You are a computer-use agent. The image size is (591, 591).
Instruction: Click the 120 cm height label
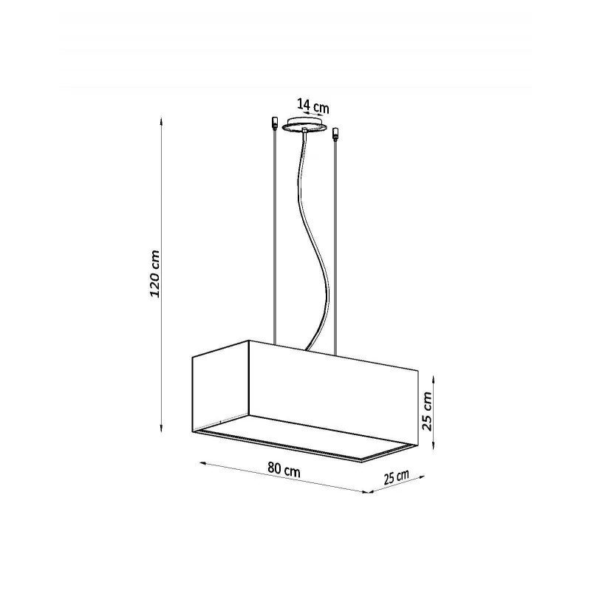tap(155, 273)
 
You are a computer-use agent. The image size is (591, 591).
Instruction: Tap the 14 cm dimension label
tap(312, 106)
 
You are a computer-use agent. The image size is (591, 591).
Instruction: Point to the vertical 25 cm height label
tap(427, 411)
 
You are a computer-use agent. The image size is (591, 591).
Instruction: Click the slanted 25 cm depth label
tap(397, 477)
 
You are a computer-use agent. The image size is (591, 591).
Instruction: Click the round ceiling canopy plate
tap(306, 125)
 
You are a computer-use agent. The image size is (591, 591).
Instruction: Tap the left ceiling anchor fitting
tap(275, 123)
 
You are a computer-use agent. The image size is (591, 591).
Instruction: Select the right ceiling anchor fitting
tap(335, 134)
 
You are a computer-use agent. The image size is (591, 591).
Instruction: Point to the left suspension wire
tap(275, 236)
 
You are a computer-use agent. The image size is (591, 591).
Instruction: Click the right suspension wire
tap(335, 247)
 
